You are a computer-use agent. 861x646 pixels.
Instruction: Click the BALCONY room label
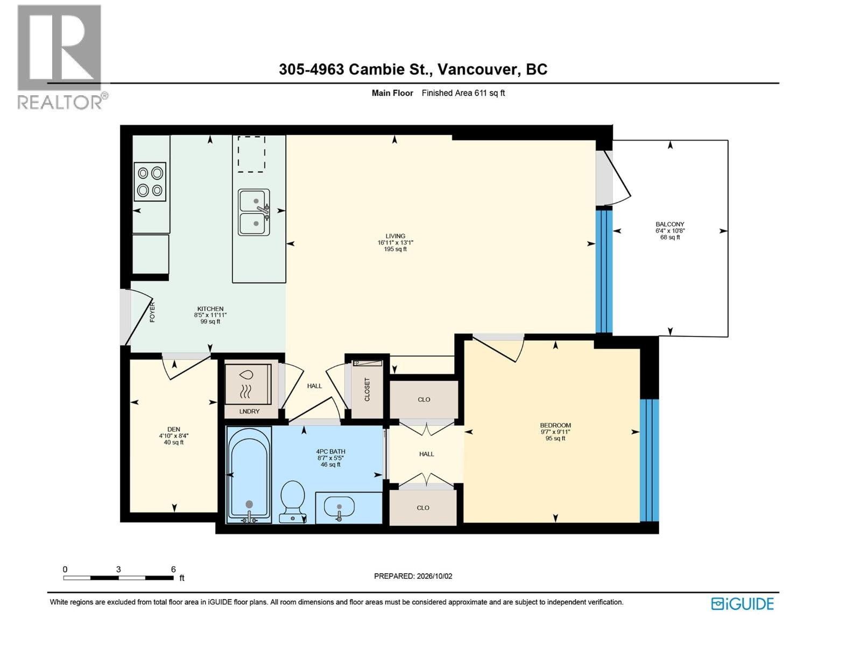(x=669, y=224)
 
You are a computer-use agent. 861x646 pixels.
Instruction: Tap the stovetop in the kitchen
(x=150, y=181)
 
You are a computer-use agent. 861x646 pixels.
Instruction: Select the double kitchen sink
(x=254, y=212)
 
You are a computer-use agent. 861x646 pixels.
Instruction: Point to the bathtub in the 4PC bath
(x=249, y=475)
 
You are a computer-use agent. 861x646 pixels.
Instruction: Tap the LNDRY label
(x=249, y=411)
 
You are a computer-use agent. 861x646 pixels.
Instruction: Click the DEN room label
(x=173, y=430)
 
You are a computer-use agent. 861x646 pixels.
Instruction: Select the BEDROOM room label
(x=555, y=425)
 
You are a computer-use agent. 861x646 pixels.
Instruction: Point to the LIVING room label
(x=395, y=236)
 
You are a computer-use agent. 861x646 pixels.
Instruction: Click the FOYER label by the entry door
(x=152, y=312)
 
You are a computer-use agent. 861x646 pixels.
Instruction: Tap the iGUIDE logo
(x=742, y=604)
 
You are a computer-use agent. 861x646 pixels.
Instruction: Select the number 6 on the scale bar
(x=173, y=569)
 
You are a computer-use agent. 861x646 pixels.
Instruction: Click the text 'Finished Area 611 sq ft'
(x=463, y=93)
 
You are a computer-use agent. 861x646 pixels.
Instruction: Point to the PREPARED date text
(x=413, y=576)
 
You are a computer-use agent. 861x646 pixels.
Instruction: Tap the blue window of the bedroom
(x=649, y=460)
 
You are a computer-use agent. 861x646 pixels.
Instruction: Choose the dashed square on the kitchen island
(x=251, y=155)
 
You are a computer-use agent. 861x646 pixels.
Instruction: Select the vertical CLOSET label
(x=367, y=389)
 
